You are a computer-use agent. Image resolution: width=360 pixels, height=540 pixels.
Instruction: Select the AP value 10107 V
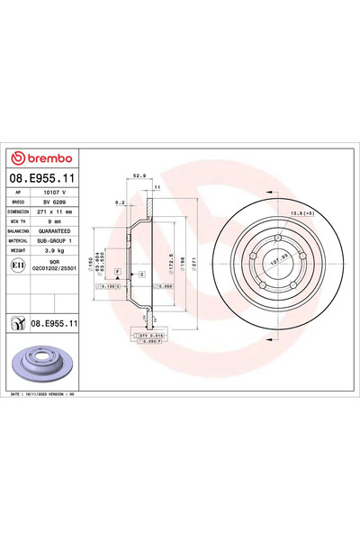point(57,193)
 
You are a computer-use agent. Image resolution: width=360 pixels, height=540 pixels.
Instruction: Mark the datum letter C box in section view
point(142,272)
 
